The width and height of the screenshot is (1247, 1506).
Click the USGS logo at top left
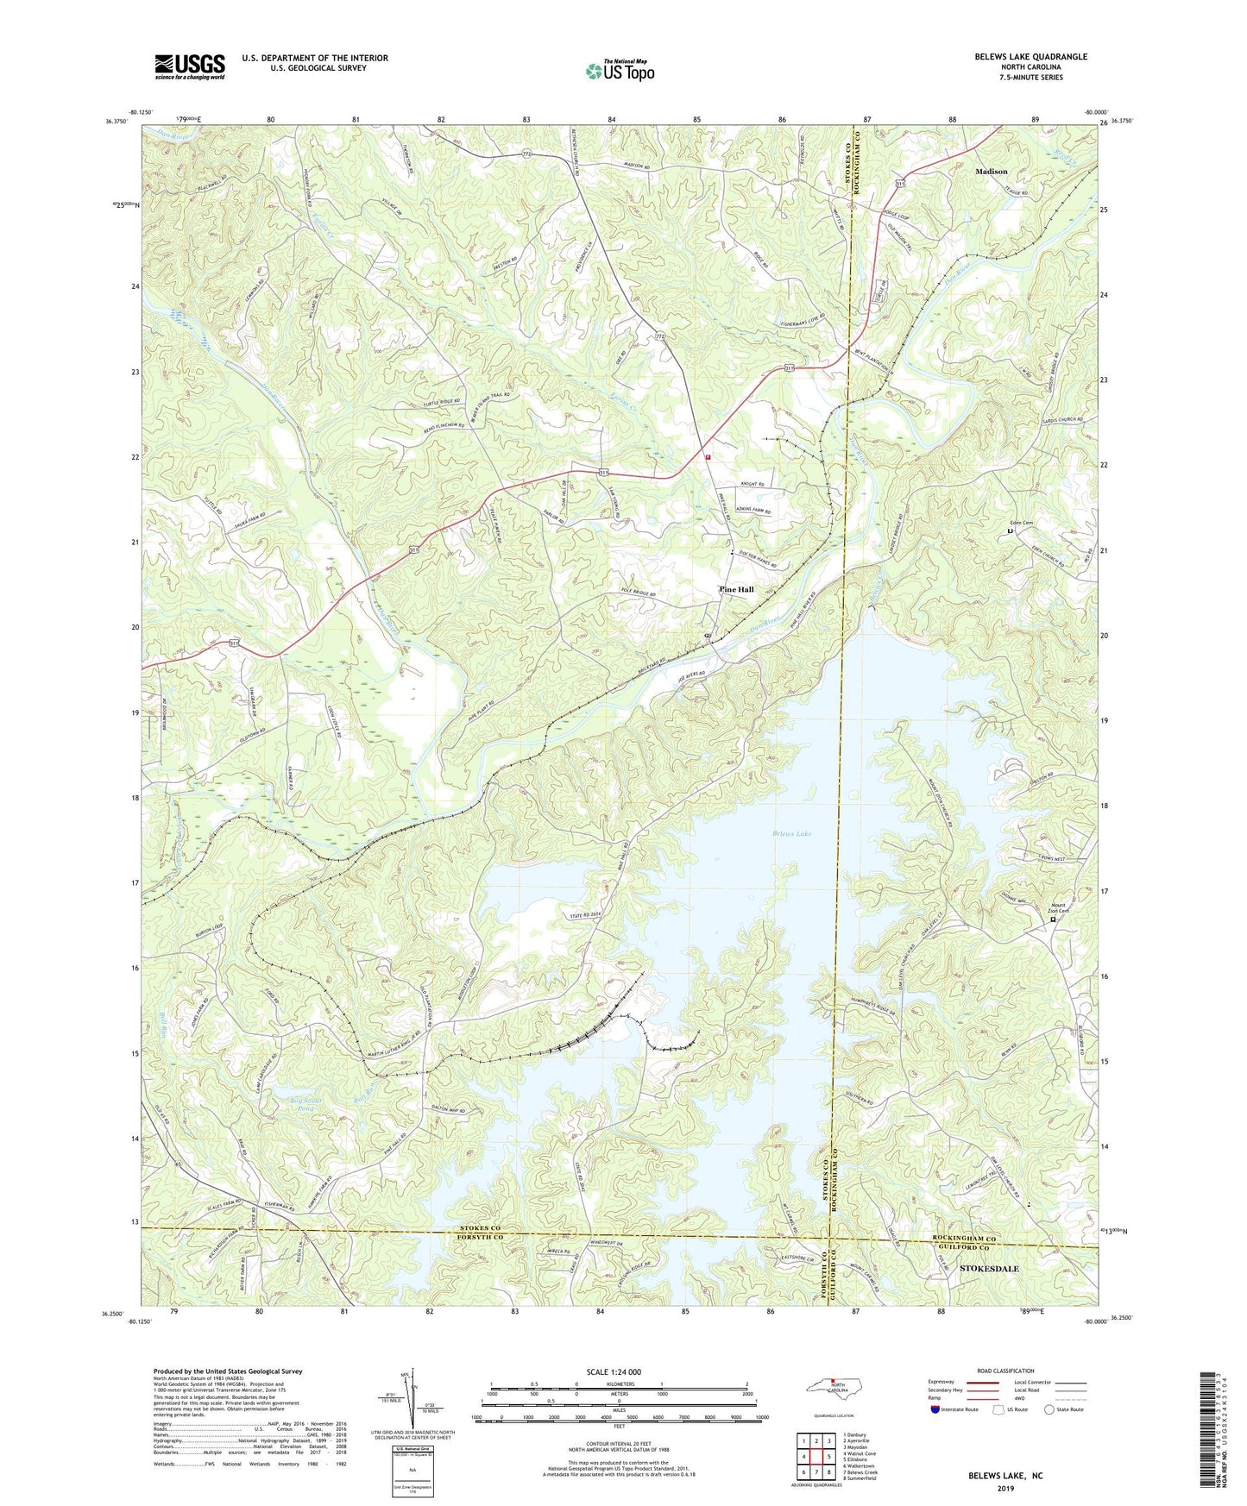tap(190, 66)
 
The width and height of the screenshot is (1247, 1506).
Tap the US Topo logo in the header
tap(620, 72)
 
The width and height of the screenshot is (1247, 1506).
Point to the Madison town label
tap(991, 172)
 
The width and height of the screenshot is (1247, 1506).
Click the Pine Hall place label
tap(736, 590)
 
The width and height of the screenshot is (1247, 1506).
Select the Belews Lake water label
tap(791, 834)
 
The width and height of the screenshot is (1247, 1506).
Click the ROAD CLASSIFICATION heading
tap(1006, 1371)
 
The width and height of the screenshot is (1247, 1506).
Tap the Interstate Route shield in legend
tap(935, 1409)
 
